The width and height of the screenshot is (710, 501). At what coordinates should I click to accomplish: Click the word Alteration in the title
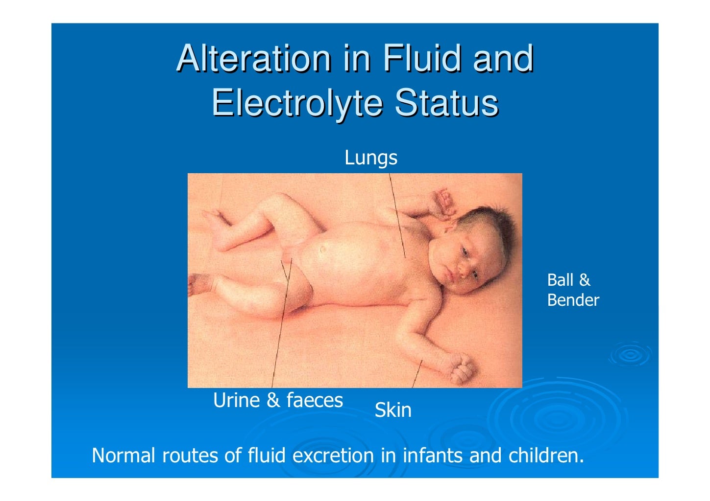[x=253, y=58]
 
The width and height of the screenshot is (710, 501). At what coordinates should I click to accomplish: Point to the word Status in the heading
[x=446, y=103]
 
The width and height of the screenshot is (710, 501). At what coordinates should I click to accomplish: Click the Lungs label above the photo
[x=371, y=158]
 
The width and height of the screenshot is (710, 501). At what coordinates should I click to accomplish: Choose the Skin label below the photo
[x=393, y=410]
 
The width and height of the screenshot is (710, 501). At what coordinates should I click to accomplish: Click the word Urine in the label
[x=236, y=400]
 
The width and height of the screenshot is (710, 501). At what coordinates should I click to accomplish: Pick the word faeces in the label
[x=315, y=400]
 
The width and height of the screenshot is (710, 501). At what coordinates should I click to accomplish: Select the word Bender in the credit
[x=573, y=300]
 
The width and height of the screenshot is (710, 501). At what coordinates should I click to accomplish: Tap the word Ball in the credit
[x=560, y=280]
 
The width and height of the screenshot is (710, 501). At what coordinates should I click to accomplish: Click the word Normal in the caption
[x=123, y=455]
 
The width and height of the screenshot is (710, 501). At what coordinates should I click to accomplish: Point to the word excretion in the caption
[x=333, y=455]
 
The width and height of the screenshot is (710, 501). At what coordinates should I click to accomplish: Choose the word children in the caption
[x=546, y=455]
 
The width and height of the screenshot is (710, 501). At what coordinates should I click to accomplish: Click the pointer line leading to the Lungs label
[x=397, y=215]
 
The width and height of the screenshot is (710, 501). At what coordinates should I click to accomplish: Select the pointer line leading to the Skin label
[x=417, y=374]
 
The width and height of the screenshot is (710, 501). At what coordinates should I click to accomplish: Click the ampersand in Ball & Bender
[x=584, y=280]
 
